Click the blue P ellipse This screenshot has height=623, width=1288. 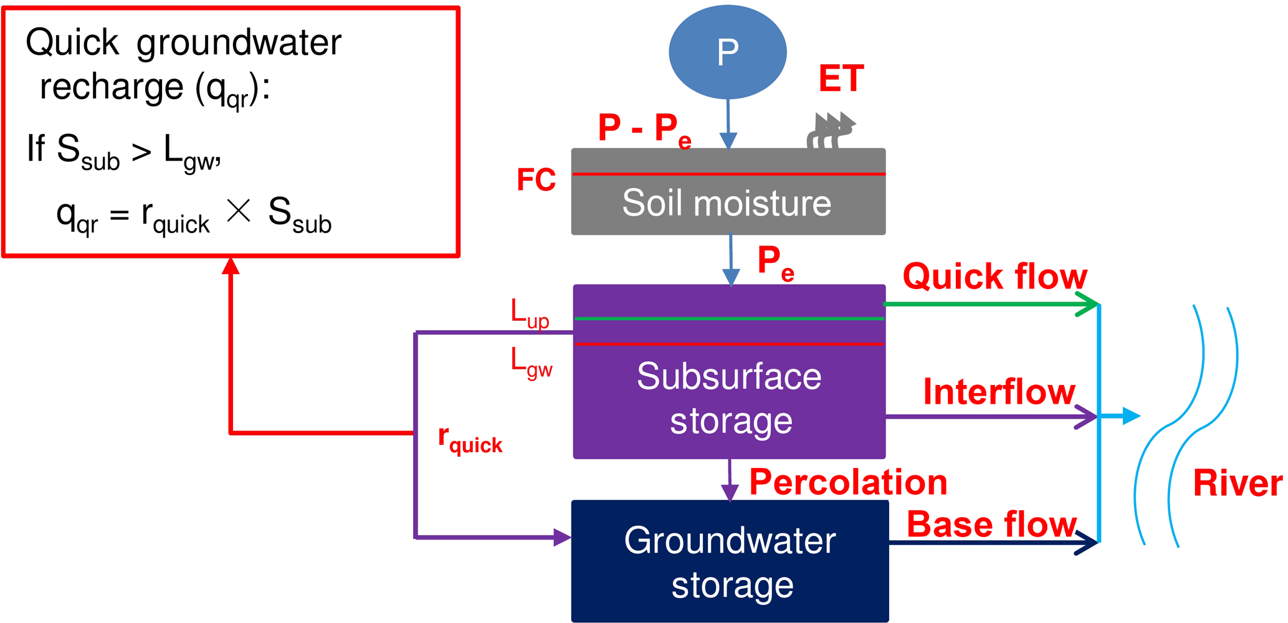pyautogui.click(x=727, y=52)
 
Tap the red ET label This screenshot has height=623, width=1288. pyautogui.click(x=841, y=79)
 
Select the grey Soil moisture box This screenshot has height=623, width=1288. pyautogui.click(x=728, y=202)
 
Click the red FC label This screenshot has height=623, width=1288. pyautogui.click(x=536, y=180)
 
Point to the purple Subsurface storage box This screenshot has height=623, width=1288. pyautogui.click(x=729, y=399)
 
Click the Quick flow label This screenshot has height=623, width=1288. pyautogui.click(x=995, y=276)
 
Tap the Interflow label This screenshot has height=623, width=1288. pyautogui.click(x=999, y=392)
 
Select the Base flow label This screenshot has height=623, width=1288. pyautogui.click(x=991, y=524)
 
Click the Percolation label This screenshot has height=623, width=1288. pyautogui.click(x=848, y=482)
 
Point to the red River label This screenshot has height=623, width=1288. pyautogui.click(x=1238, y=483)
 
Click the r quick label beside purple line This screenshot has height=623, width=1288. pyautogui.click(x=470, y=439)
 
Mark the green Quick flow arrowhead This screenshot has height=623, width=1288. pyautogui.click(x=1088, y=305)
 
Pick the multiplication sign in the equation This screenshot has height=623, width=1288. pyautogui.click(x=239, y=211)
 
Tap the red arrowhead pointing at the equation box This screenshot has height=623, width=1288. pyautogui.click(x=231, y=266)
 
